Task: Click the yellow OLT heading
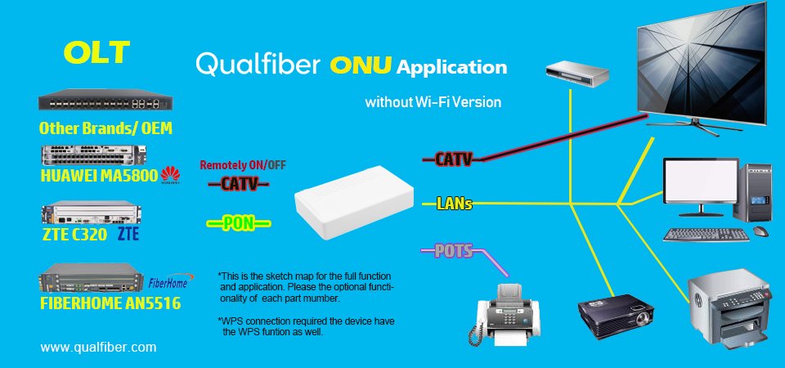click(97, 52)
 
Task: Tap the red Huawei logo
click(170, 175)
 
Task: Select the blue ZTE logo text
click(128, 233)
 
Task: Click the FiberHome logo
click(169, 281)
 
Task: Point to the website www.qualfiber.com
click(98, 347)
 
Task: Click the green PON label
click(239, 223)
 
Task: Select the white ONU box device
click(354, 201)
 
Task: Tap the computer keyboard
click(706, 235)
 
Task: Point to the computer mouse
click(761, 231)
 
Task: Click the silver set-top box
click(576, 74)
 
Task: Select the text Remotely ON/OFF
click(244, 165)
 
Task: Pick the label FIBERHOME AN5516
click(110, 303)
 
